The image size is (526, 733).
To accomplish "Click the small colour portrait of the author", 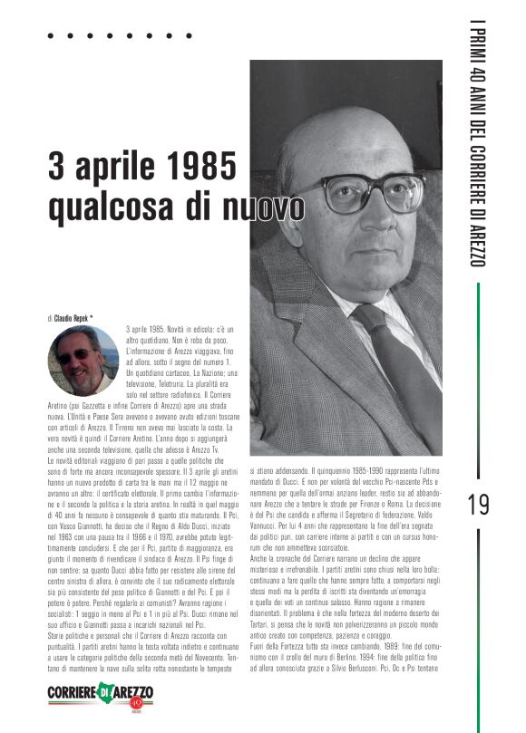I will coord(83,361).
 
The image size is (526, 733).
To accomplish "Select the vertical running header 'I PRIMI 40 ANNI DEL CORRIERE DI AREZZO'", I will coord(479,145).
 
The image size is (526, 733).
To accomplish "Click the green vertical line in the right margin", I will coord(479,381).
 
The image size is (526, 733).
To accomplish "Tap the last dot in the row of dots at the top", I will coord(190,36).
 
